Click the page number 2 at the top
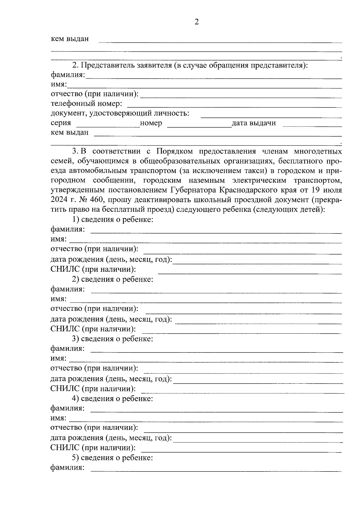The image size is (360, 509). coord(196,22)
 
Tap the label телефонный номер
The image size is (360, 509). coord(86,104)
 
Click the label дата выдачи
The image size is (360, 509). coord(253,123)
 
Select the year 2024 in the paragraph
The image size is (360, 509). coord(60,200)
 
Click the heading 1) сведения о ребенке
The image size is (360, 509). coord(113,219)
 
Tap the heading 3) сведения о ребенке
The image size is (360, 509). coord(113,339)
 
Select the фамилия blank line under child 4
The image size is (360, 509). coord(216,412)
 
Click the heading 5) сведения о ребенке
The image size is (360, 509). coord(113,458)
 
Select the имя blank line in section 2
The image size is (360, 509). coord(204,88)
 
